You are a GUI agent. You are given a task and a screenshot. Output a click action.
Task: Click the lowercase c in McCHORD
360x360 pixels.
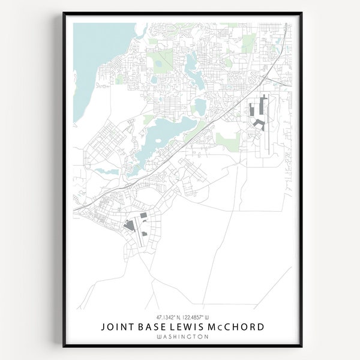pyautogui.click(x=221, y=327)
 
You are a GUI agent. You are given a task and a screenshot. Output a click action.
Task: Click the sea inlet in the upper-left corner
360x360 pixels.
pyautogui.click(x=93, y=66)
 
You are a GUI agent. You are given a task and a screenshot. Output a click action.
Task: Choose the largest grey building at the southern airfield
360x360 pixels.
pyautogui.click(x=128, y=226)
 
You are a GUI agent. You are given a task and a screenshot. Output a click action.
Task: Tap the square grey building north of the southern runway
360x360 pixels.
pyautogui.click(x=143, y=216)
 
